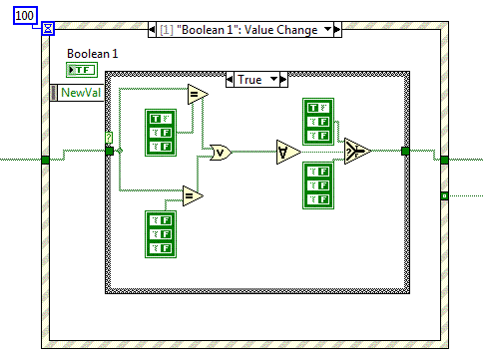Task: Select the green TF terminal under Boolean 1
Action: click(x=80, y=69)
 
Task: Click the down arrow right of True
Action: click(x=286, y=79)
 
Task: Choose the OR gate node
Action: click(x=218, y=152)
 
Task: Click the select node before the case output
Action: click(x=353, y=152)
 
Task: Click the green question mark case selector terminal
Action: click(x=109, y=138)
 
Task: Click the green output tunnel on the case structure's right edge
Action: click(x=405, y=152)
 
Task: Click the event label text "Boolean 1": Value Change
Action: click(x=239, y=30)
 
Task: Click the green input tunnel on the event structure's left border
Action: click(x=45, y=159)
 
